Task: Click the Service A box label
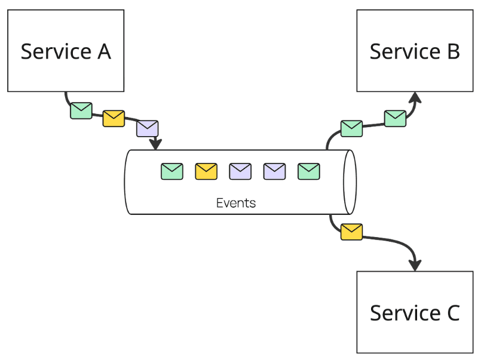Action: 66,51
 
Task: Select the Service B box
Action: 415,51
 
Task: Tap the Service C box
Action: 415,312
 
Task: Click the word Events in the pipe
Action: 236,203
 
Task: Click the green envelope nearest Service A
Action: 81,110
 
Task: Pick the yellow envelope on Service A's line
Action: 114,118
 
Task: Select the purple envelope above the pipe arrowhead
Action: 148,128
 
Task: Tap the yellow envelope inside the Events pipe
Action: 206,171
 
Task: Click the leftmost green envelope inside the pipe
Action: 172,171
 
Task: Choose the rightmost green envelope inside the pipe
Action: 309,171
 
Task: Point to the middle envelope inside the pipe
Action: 240,171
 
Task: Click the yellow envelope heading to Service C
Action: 351,232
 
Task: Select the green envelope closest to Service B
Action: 395,118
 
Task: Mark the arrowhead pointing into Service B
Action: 415,97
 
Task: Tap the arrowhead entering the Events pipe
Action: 156,144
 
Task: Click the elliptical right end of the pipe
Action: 350,181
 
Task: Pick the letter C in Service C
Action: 452,313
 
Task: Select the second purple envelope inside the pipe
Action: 275,171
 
